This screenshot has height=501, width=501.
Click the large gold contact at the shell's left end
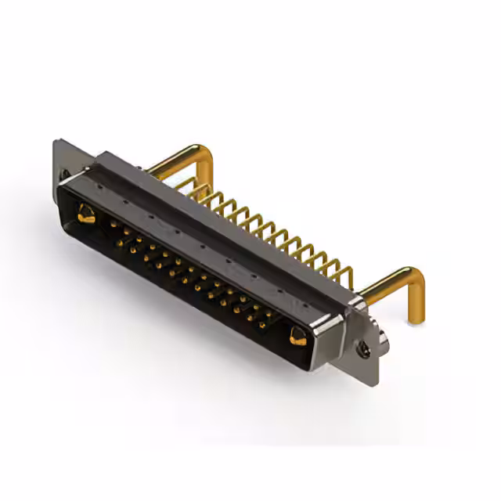85,213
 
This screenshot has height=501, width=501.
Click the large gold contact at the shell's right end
297,337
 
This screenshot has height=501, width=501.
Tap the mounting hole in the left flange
64,173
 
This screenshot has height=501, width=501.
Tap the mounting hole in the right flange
365,351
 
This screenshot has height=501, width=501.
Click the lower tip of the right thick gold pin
412,319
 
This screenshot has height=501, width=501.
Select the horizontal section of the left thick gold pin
175,160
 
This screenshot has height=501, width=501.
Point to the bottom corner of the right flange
374,382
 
